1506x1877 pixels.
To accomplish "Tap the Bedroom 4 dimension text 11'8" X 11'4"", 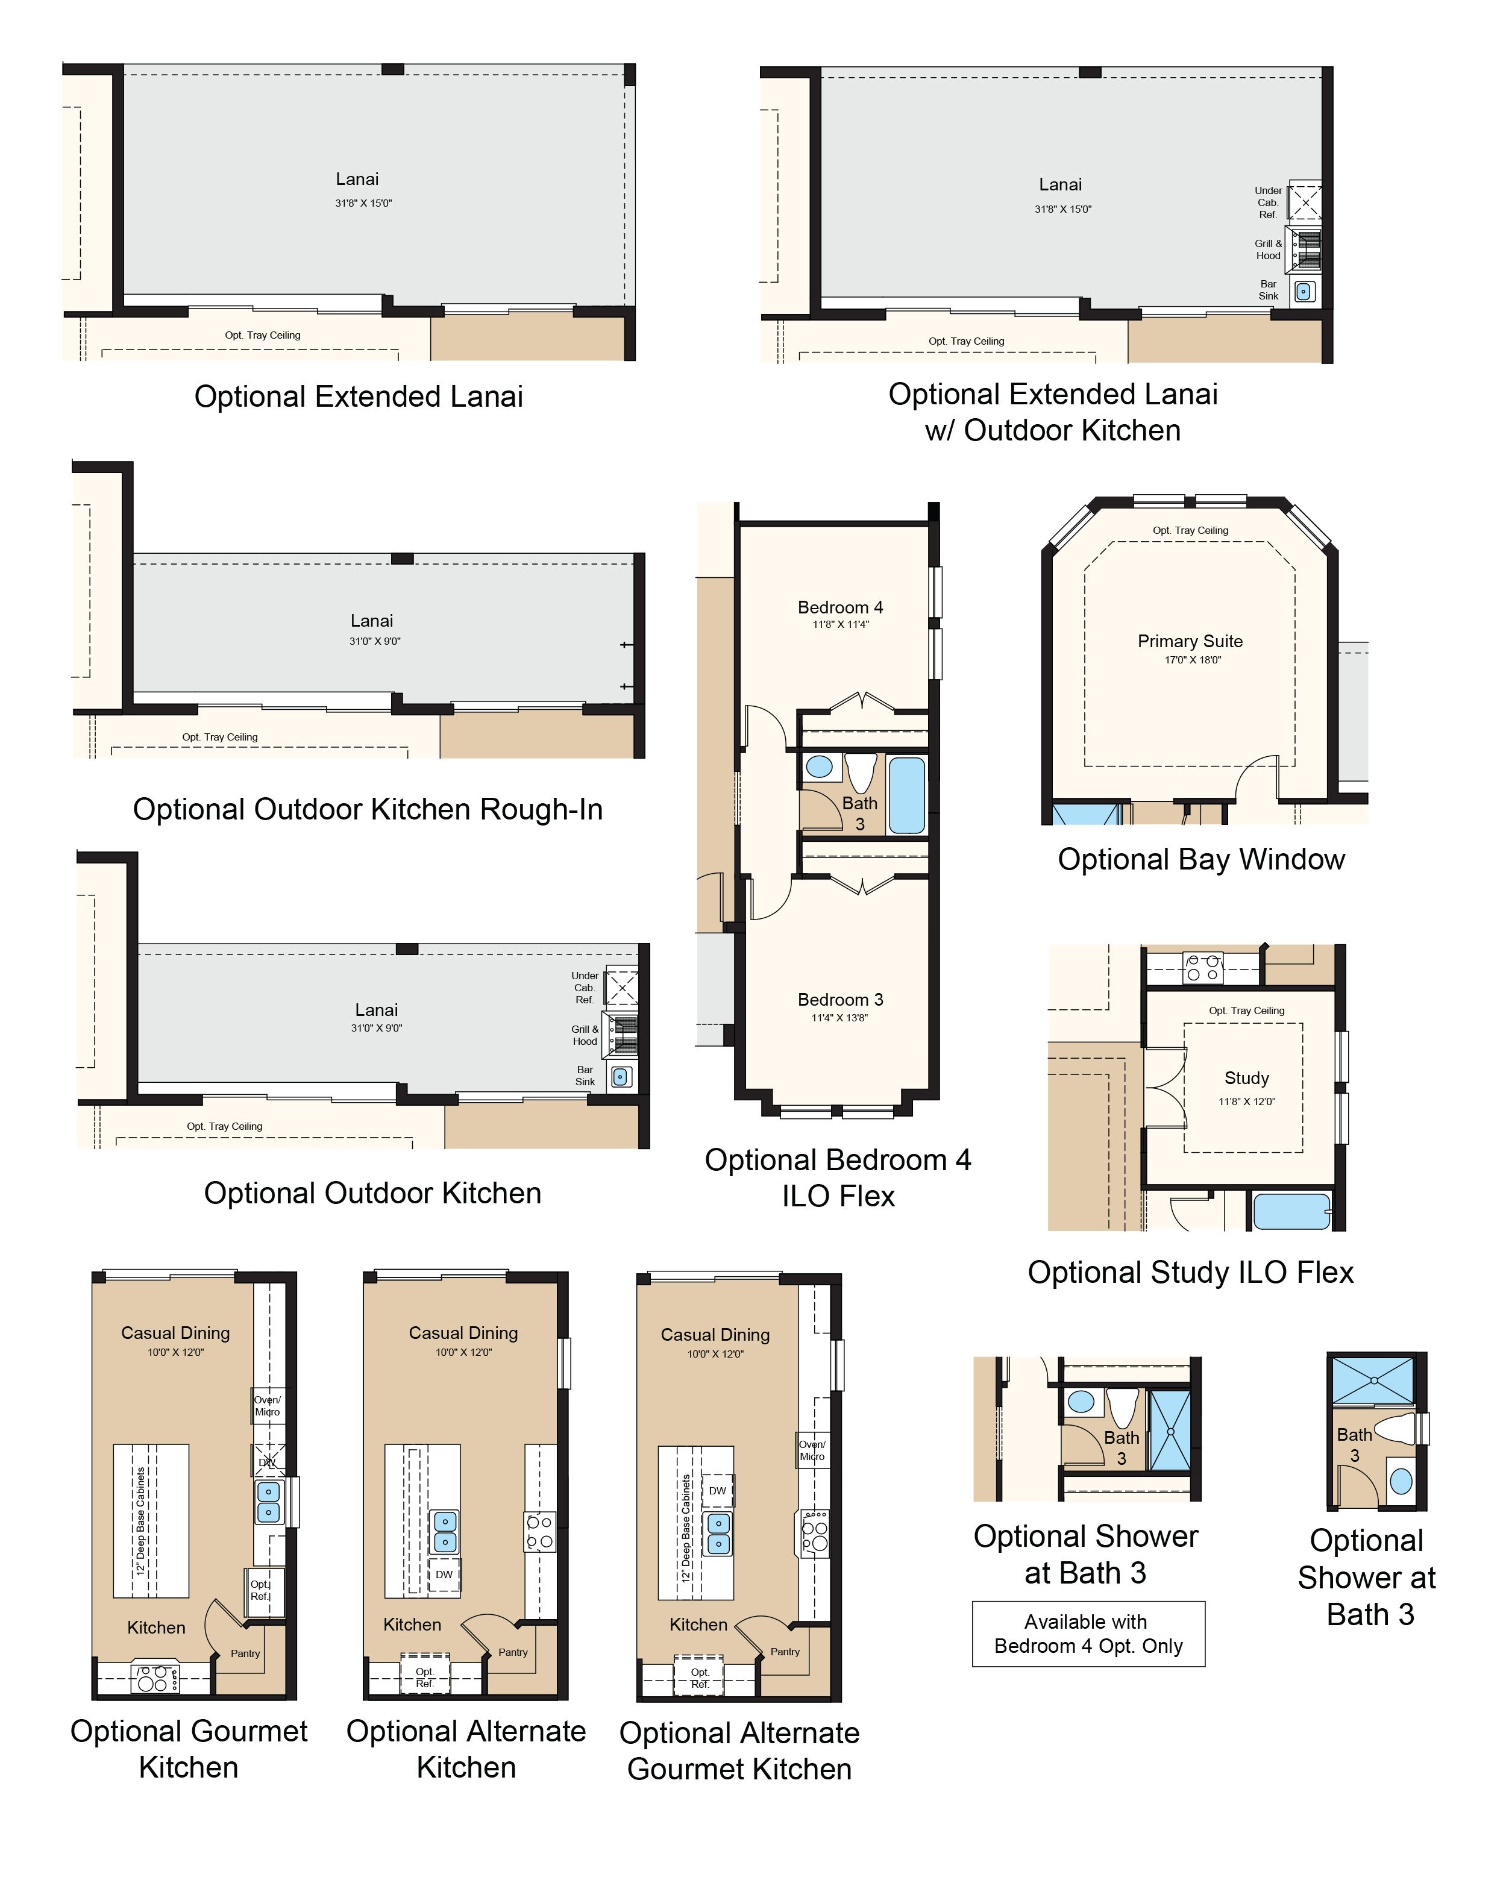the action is (840, 624).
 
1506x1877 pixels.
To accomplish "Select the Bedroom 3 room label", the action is (840, 1000).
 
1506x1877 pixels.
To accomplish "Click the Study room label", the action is (1247, 1078).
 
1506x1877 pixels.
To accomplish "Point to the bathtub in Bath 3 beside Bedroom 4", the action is (906, 795).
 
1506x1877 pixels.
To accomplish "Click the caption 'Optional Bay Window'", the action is (1201, 859).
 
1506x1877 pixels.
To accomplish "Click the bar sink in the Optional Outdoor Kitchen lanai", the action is (620, 1077).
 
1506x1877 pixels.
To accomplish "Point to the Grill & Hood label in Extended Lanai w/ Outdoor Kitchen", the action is (1269, 250).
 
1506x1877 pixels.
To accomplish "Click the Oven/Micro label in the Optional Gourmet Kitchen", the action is (267, 1406).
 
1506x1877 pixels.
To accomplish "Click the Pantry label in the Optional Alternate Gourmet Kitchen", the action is (785, 1652).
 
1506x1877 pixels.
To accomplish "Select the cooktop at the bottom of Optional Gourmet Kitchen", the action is (155, 1679).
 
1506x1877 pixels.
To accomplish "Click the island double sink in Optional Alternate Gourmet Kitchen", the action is (718, 1534).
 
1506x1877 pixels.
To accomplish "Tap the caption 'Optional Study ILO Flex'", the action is (1191, 1272).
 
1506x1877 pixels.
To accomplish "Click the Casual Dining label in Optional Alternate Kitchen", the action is (463, 1333).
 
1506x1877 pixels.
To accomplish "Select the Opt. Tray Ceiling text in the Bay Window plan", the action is (1190, 530).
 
